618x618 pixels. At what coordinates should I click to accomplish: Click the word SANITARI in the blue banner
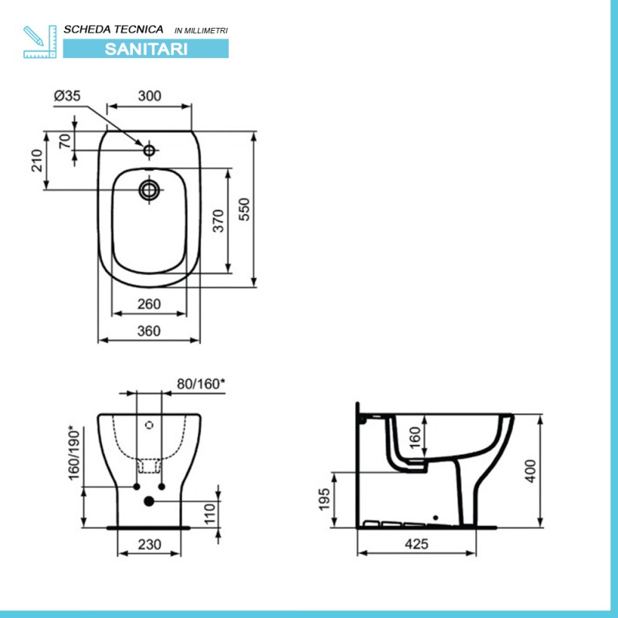click(x=145, y=47)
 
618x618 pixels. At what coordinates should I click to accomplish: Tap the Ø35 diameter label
click(x=67, y=96)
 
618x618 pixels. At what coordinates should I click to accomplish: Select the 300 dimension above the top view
click(x=149, y=96)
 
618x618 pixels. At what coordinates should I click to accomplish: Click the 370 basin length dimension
click(x=219, y=221)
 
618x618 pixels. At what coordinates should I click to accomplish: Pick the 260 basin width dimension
click(x=149, y=304)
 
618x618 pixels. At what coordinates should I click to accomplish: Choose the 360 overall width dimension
click(x=148, y=331)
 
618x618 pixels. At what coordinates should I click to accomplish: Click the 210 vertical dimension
click(x=36, y=160)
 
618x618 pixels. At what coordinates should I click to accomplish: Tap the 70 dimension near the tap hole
click(x=65, y=141)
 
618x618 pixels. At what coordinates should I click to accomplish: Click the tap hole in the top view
click(x=148, y=147)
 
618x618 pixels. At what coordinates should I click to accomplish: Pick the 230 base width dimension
click(x=149, y=545)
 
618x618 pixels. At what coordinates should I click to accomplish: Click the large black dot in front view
click(x=149, y=501)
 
